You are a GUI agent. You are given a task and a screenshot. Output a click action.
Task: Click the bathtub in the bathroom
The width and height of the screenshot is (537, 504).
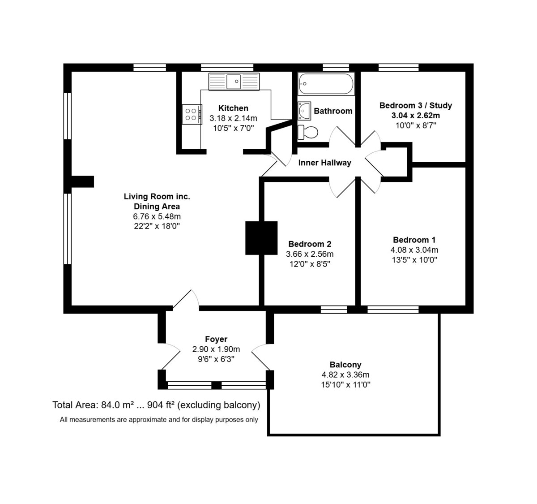click(326, 84)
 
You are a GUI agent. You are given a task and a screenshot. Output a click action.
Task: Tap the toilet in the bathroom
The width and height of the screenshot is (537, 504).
click(308, 132)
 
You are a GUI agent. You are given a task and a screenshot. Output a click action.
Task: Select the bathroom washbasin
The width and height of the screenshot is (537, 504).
click(304, 111)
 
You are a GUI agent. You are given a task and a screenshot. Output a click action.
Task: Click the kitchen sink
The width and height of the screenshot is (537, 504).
click(234, 81)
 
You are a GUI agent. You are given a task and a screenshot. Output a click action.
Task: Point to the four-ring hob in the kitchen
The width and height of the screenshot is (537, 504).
click(192, 114)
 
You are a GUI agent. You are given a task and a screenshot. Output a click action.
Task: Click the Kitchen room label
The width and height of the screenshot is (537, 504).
click(233, 108)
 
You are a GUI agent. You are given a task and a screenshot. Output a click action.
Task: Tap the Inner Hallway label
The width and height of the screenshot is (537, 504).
click(325, 163)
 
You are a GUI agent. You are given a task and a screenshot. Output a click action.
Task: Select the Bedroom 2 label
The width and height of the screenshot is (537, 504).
click(310, 244)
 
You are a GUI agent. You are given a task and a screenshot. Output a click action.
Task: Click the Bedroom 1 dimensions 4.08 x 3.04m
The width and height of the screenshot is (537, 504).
click(414, 250)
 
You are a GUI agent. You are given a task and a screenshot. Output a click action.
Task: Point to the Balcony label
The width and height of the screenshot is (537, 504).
click(345, 365)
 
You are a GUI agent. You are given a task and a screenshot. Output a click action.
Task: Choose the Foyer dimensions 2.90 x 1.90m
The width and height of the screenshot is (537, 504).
click(216, 349)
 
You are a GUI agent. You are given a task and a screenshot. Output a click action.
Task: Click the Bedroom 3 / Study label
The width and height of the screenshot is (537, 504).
click(416, 105)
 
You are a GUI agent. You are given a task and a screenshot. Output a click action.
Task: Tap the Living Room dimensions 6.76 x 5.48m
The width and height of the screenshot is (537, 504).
click(157, 216)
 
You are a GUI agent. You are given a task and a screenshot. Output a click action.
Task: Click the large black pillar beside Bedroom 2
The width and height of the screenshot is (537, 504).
click(261, 238)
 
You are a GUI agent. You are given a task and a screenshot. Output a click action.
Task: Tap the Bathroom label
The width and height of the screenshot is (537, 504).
click(333, 111)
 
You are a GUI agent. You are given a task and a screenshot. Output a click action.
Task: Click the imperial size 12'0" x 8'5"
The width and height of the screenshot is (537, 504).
click(310, 264)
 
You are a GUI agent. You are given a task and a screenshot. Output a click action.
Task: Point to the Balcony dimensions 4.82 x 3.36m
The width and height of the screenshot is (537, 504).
click(345, 375)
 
